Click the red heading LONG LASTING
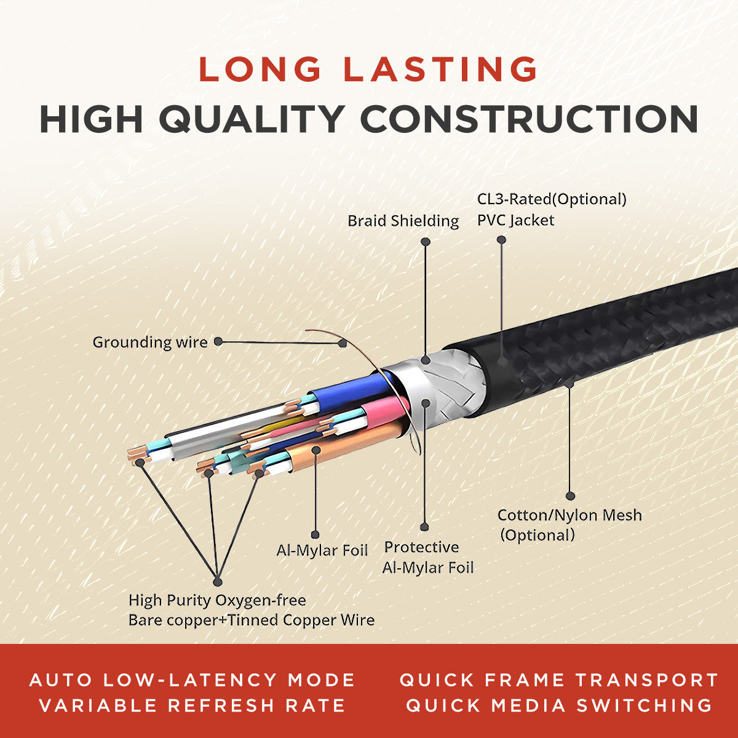tap(368, 69)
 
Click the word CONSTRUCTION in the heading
tap(528, 119)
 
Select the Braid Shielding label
tap(403, 221)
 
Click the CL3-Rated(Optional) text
tap(552, 199)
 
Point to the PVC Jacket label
tap(515, 220)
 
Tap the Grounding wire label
tap(149, 342)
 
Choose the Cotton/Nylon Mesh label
tap(569, 515)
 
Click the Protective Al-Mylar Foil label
tap(428, 557)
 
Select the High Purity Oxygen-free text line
tap(216, 600)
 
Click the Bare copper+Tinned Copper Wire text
tap(251, 620)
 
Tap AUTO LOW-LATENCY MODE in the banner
tap(192, 680)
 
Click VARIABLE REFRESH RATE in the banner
tap(192, 705)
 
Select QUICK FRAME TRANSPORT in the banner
tap(559, 680)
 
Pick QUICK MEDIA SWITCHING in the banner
tap(559, 705)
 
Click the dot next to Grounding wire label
tap(219, 341)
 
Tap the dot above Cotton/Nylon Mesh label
tap(570, 495)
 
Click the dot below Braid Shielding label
tap(425, 242)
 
